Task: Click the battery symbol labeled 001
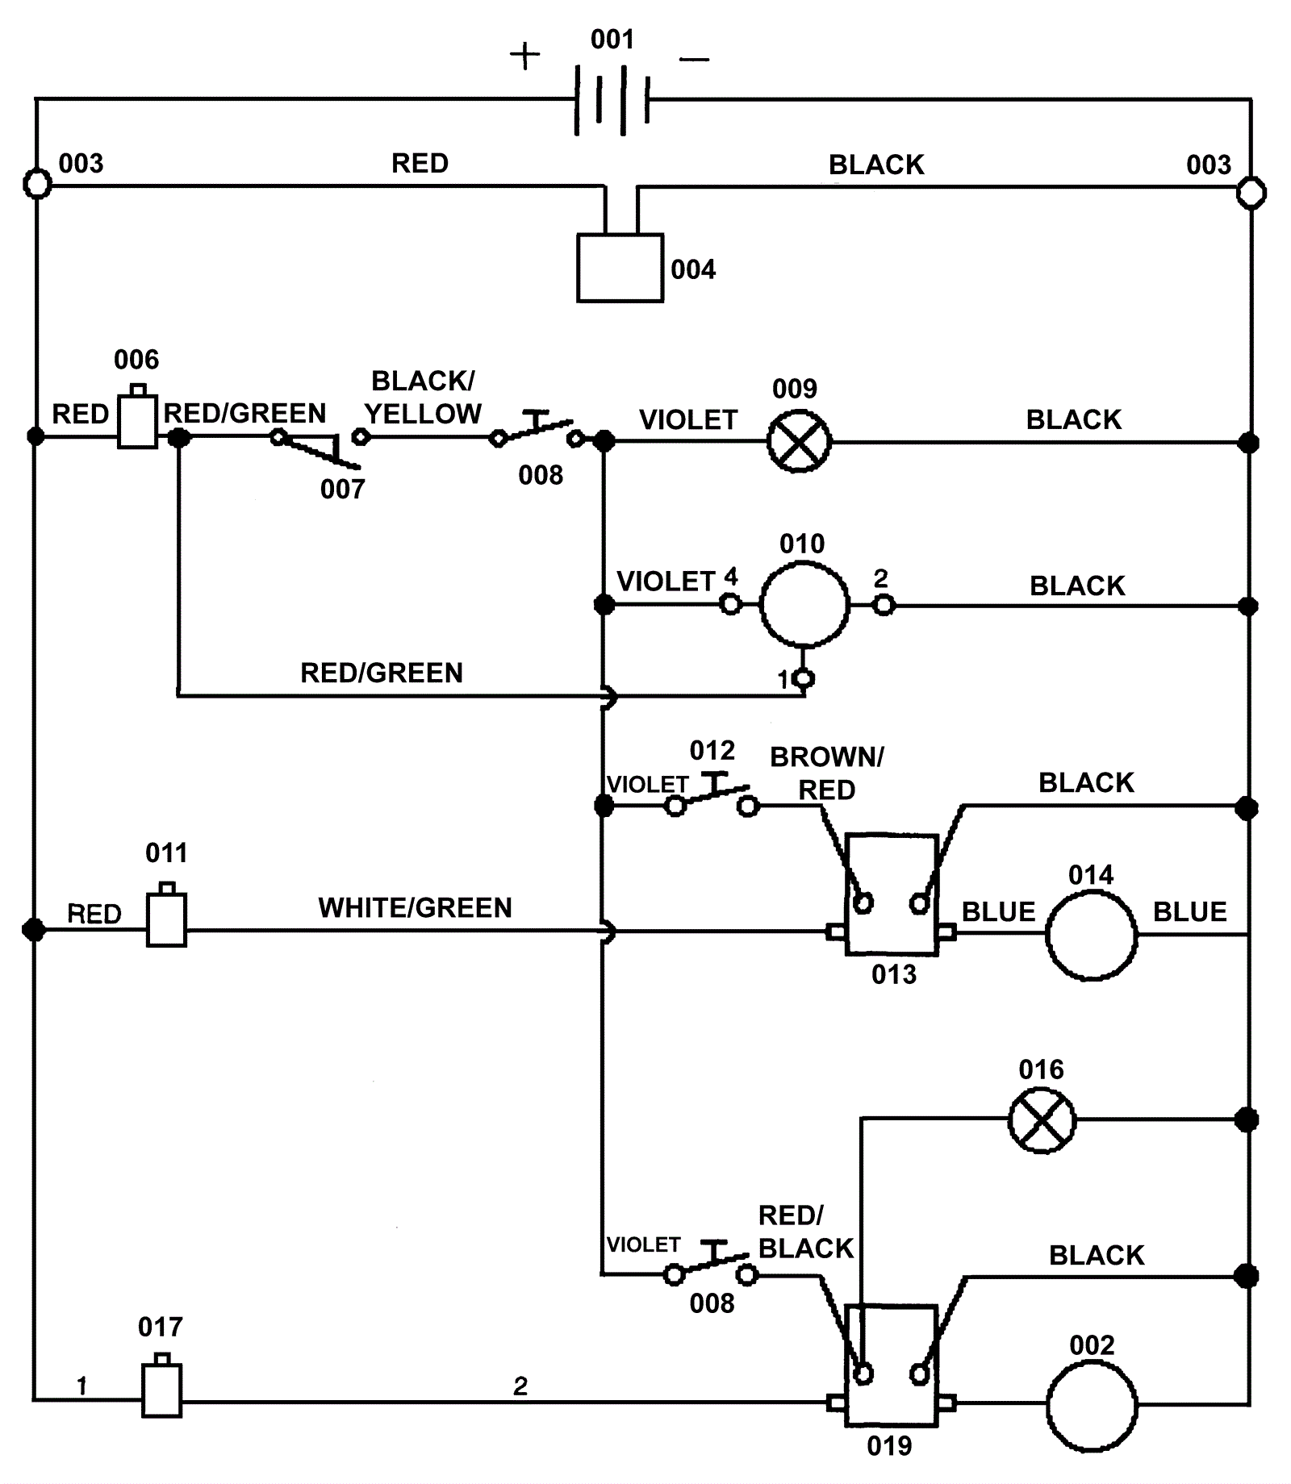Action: [x=612, y=100]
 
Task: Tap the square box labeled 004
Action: [x=620, y=268]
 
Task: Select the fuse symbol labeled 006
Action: [x=137, y=419]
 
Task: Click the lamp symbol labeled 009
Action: [x=798, y=441]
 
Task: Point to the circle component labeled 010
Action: [x=804, y=604]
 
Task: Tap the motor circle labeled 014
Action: [x=1091, y=936]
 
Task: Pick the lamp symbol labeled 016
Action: [x=1042, y=1120]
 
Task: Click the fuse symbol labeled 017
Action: [x=161, y=1389]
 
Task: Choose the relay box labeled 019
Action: [x=892, y=1365]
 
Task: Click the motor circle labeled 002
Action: [x=1091, y=1405]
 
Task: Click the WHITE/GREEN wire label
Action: [x=415, y=908]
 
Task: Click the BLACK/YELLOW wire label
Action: [x=423, y=397]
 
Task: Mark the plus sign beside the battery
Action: [x=524, y=56]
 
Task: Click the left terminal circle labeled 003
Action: [x=37, y=184]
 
